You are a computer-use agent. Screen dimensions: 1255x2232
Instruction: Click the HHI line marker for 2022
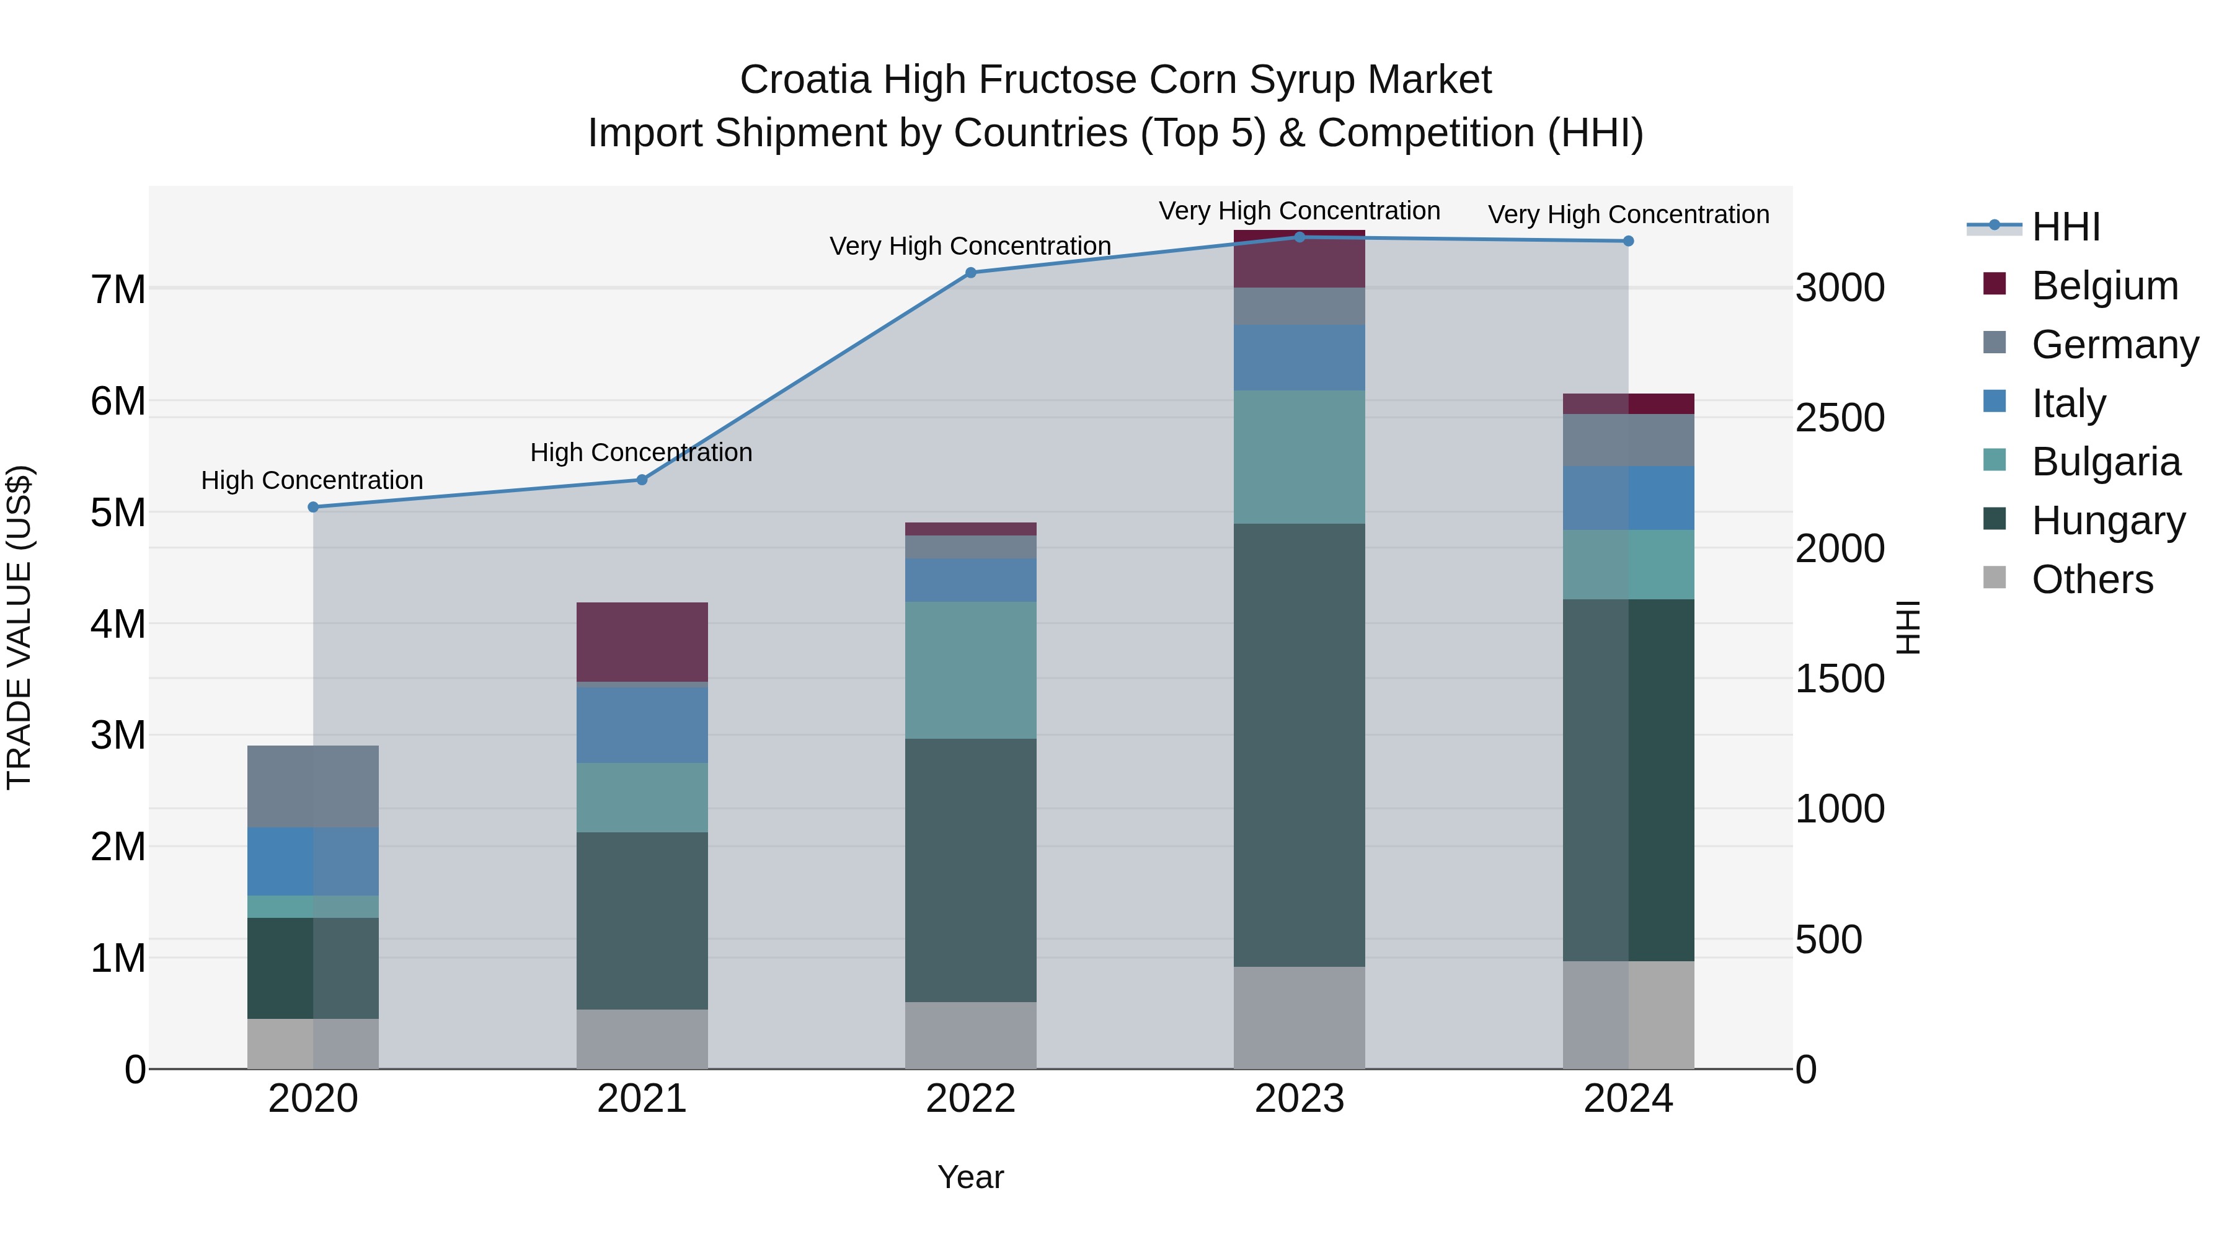tap(970, 273)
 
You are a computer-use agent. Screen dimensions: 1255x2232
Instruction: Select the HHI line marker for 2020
tap(314, 508)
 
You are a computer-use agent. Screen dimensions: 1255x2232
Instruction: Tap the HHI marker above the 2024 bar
tap(1628, 242)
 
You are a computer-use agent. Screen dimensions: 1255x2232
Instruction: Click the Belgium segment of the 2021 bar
tap(642, 642)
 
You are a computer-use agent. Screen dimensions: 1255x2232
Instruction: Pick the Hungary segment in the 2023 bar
tap(1299, 745)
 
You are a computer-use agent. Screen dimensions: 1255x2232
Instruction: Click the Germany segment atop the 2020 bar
tap(313, 786)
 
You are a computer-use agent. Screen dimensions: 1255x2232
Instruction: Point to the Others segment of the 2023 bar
tap(1299, 1018)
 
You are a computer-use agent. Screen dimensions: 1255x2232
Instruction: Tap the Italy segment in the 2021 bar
tap(642, 724)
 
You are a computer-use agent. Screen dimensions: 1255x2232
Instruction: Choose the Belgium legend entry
tap(2104, 286)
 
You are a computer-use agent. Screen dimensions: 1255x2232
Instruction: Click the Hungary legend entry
tap(2107, 521)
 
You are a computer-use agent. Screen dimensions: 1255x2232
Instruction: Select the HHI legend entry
tap(2066, 227)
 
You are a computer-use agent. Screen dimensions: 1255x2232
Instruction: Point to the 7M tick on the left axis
tap(118, 289)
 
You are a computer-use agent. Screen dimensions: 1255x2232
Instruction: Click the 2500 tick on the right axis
tap(1840, 418)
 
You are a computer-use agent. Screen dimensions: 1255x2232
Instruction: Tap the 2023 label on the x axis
tap(1299, 1098)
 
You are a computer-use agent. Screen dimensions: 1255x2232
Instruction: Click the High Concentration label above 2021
tap(641, 452)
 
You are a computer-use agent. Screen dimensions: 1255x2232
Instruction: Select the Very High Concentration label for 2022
tap(970, 246)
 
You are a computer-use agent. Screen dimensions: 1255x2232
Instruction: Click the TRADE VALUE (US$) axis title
tap(19, 627)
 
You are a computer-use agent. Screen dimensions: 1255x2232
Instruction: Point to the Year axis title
tap(970, 1177)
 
